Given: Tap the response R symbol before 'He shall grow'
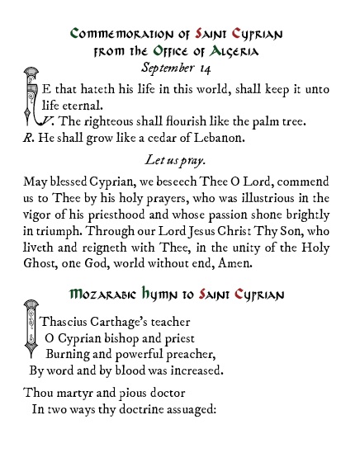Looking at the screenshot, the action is pos(27,137).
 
